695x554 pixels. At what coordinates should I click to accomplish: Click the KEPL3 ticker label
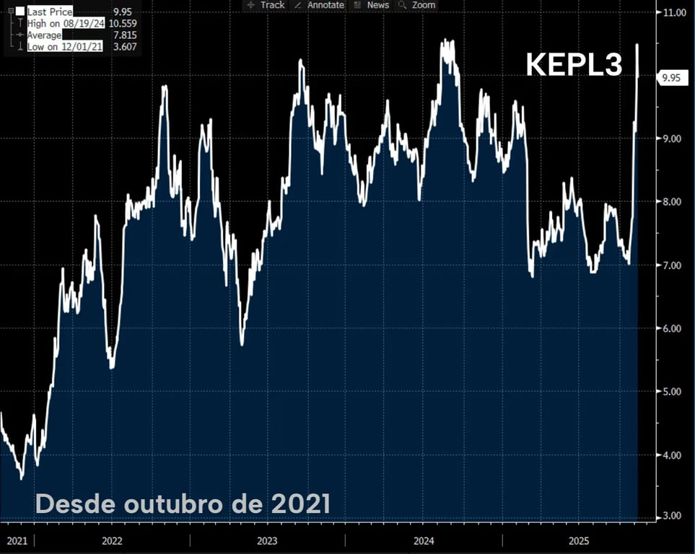tap(574, 66)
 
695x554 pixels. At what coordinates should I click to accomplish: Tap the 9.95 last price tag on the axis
tap(671, 78)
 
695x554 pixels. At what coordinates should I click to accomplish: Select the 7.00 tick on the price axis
tap(673, 265)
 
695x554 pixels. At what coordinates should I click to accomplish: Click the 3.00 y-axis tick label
tap(673, 516)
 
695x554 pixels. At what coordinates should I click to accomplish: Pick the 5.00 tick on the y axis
tap(673, 392)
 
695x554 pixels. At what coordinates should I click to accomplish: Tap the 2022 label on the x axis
tap(112, 540)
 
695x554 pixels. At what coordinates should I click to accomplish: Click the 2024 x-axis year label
tap(424, 540)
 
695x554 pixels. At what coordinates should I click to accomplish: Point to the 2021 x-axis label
tap(17, 540)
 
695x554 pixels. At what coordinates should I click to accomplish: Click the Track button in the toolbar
tap(266, 5)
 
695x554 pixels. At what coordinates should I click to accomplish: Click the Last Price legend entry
tap(49, 12)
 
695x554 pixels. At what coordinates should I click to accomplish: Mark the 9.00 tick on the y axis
tap(673, 138)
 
